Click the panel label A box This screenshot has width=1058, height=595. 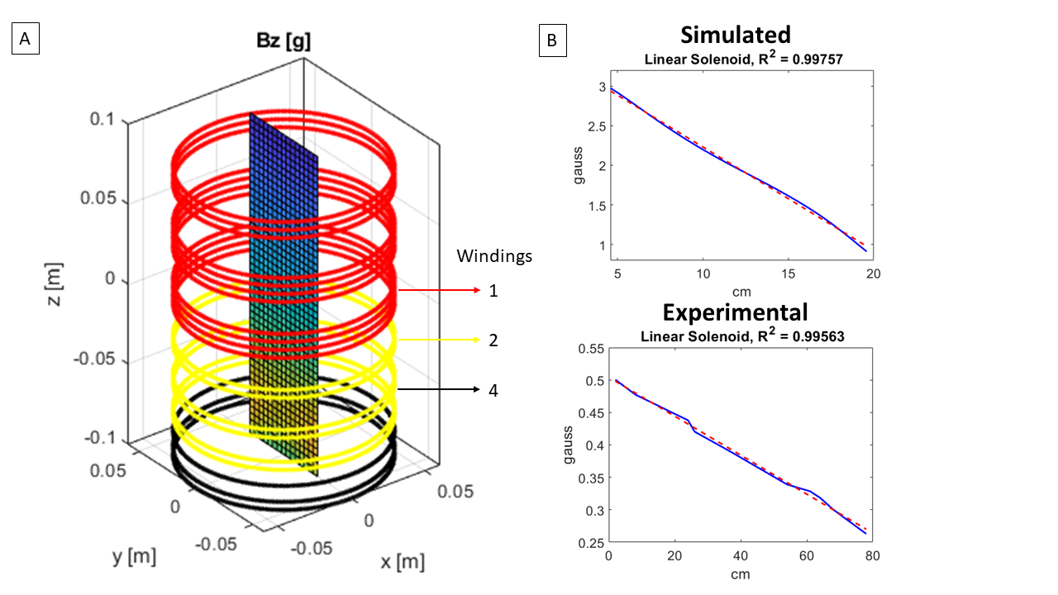pyautogui.click(x=25, y=39)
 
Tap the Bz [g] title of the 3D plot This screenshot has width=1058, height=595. pyautogui.click(x=284, y=41)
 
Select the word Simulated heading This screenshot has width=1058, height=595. pyautogui.click(x=735, y=35)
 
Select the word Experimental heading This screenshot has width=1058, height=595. pyautogui.click(x=736, y=312)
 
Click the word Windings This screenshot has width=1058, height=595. pyautogui.click(x=494, y=256)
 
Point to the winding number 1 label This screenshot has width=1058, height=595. pyautogui.click(x=493, y=291)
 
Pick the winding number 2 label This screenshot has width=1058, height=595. pyautogui.click(x=493, y=340)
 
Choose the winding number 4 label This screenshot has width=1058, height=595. pyautogui.click(x=493, y=389)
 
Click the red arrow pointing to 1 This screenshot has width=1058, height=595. pyautogui.click(x=438, y=291)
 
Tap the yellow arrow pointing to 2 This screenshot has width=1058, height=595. pyautogui.click(x=438, y=340)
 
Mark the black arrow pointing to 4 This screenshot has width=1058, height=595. pyautogui.click(x=438, y=388)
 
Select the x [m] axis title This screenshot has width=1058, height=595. pyautogui.click(x=403, y=563)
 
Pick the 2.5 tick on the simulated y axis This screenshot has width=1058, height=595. pyautogui.click(x=584, y=126)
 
